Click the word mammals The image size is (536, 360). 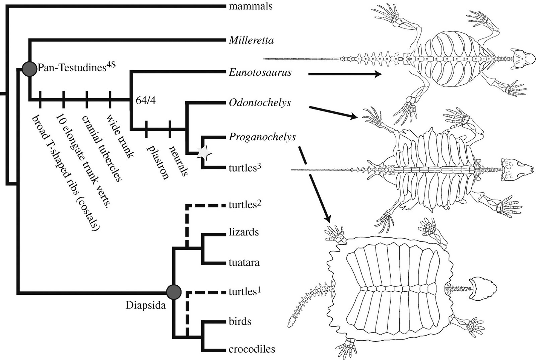point(250,6)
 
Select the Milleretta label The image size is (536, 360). point(251,41)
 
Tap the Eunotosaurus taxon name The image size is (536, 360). point(260,72)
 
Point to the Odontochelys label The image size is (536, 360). point(260,102)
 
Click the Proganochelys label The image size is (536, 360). point(262,137)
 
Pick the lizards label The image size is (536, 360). point(244,232)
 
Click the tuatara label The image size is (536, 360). point(244,262)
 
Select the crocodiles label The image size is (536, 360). point(252,349)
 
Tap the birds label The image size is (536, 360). point(240,321)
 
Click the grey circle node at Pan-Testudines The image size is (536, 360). point(29,69)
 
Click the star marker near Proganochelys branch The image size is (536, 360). point(204,153)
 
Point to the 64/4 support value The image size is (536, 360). point(146,100)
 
